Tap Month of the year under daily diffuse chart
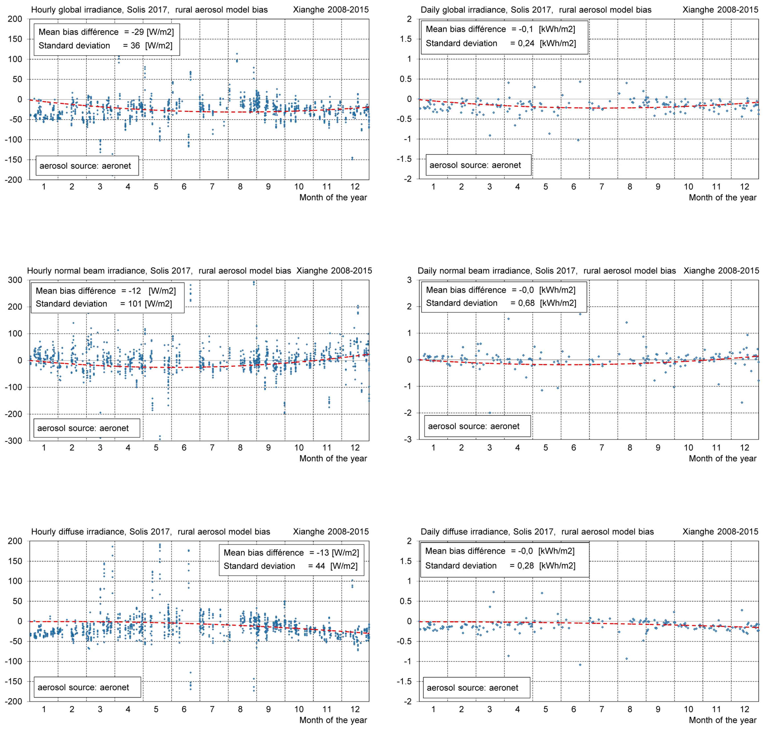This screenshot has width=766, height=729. tap(722, 720)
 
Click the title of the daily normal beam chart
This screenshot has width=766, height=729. tap(547, 271)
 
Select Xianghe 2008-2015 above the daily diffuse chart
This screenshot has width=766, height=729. tap(720, 532)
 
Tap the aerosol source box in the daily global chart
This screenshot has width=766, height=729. tap(478, 165)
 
